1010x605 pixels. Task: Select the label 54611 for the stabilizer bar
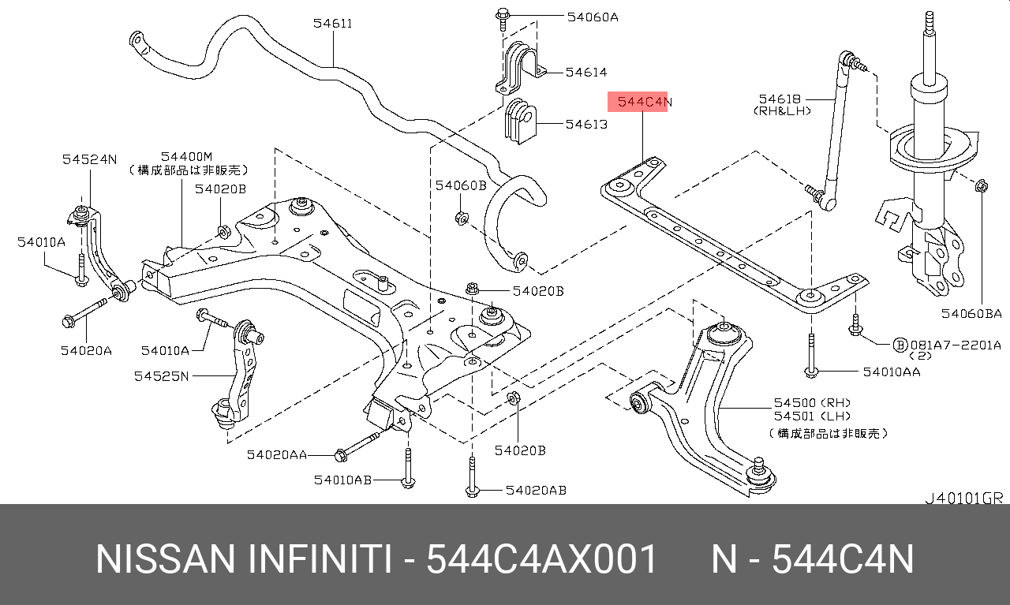[332, 24]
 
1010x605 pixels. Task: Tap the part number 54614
[586, 73]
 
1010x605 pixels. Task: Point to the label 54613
[586, 125]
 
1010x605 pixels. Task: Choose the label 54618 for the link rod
[780, 99]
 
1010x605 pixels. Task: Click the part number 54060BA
[971, 314]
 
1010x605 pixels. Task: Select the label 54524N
[89, 159]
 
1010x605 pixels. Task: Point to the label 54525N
[161, 376]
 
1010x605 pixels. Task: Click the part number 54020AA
[276, 454]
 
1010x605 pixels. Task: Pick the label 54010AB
[342, 480]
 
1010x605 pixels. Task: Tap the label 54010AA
[891, 372]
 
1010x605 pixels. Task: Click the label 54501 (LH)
[794, 416]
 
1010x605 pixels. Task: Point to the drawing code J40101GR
[963, 498]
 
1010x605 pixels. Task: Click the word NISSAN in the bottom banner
[165, 560]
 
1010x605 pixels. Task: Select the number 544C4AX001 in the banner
[541, 560]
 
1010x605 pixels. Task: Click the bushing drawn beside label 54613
[518, 122]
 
